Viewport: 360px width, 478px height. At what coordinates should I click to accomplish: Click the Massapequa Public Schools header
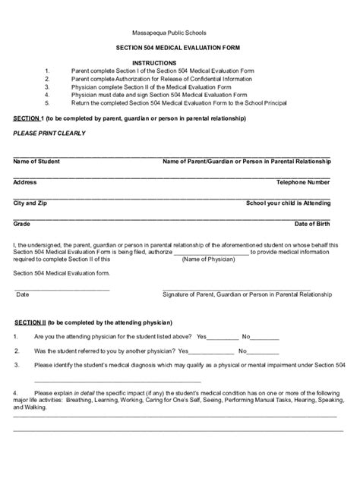tap(180, 33)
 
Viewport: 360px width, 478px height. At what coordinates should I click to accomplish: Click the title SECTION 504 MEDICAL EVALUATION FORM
tap(180, 49)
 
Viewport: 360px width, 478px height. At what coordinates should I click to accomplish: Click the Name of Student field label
tap(36, 162)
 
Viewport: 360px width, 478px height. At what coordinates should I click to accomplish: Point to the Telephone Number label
tap(303, 183)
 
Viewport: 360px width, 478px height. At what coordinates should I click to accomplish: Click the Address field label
tap(25, 183)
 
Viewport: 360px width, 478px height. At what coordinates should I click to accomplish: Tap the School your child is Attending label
tap(289, 203)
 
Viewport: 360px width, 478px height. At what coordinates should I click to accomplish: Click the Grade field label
tap(22, 225)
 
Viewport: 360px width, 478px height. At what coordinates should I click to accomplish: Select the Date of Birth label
tap(312, 225)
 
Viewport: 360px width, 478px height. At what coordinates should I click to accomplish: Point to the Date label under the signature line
tap(23, 294)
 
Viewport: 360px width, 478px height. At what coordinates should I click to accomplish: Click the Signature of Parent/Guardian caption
tap(248, 294)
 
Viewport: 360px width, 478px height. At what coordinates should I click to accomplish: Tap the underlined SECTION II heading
tap(30, 322)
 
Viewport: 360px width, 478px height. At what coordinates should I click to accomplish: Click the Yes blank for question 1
tap(223, 336)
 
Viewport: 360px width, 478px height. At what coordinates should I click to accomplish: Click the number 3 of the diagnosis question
tap(16, 366)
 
